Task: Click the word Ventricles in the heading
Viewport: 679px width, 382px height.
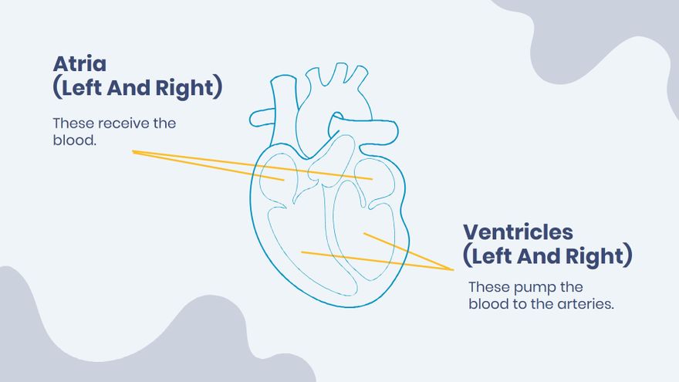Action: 518,232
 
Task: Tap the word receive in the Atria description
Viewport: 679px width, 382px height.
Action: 123,123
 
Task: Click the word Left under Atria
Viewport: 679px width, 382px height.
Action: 86,87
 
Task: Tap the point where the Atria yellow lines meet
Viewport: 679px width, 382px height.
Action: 133,152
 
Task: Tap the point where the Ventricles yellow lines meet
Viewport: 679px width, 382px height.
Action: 453,269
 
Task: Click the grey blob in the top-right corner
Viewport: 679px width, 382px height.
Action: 617,39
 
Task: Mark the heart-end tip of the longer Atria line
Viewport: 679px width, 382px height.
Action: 373,179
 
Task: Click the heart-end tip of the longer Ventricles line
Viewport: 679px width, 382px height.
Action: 302,252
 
